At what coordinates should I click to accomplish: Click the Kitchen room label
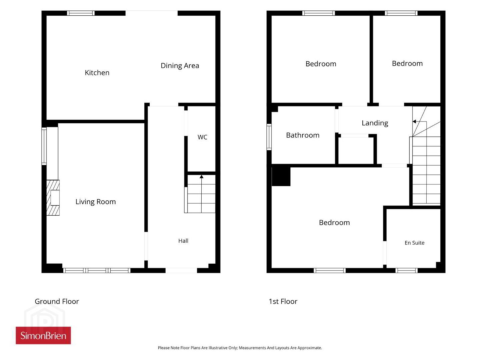tap(97, 73)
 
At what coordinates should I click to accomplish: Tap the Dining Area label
tap(180, 66)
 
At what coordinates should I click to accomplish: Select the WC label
tap(202, 137)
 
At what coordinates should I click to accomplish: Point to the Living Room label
tap(96, 202)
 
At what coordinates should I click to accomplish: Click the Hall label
tap(183, 241)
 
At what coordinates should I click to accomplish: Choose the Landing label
tap(375, 123)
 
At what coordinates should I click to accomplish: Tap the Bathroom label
tap(303, 135)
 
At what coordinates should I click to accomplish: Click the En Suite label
tap(414, 243)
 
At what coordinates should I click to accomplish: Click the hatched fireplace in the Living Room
tap(53, 198)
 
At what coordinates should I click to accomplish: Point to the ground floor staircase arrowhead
tap(201, 176)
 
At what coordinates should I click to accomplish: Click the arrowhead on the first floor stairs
tap(414, 122)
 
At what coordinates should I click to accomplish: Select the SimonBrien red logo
tap(43, 335)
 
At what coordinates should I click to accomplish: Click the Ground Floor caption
tap(57, 301)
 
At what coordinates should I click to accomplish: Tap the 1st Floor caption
tap(283, 301)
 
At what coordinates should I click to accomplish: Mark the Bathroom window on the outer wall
tap(269, 137)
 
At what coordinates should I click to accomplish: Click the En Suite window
tap(407, 270)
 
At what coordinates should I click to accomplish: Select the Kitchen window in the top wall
tap(81, 13)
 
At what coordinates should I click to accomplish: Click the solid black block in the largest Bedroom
tap(281, 175)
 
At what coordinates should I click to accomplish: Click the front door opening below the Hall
tap(181, 270)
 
